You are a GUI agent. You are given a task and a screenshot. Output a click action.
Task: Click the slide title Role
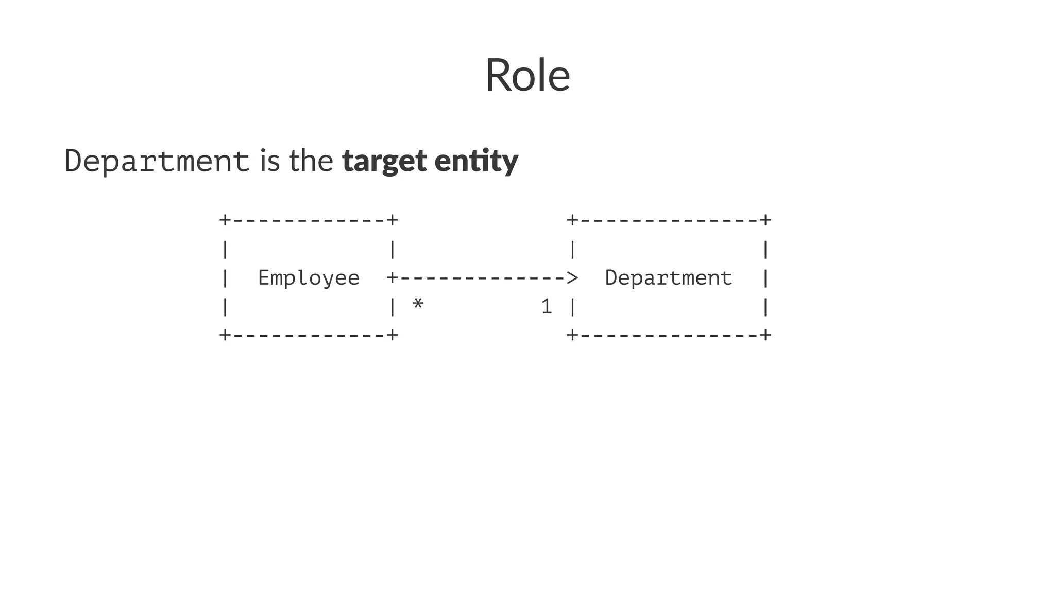[x=527, y=75]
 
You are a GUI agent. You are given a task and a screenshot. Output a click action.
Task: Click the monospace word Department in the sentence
[x=157, y=161]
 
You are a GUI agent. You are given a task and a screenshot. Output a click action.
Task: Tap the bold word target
[x=384, y=161]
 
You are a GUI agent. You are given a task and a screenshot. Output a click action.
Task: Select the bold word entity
[x=476, y=161]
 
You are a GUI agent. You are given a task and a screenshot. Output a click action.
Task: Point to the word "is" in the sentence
[x=269, y=161]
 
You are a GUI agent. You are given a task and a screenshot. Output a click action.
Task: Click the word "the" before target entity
[x=311, y=161]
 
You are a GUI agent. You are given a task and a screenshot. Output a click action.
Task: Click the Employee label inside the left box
[x=309, y=278]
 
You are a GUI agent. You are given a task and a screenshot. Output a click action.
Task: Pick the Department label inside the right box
[x=668, y=278]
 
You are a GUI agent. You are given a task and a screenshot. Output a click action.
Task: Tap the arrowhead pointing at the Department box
[x=572, y=278]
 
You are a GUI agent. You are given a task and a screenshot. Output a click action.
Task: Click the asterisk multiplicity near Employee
[x=418, y=305]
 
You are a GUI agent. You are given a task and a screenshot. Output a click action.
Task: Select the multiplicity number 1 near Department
[x=547, y=307]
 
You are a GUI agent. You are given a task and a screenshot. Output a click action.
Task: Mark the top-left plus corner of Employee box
[x=225, y=220]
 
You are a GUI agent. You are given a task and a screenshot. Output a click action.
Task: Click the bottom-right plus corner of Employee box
[x=393, y=335]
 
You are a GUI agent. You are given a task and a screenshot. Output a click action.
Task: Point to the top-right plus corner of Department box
[x=765, y=220]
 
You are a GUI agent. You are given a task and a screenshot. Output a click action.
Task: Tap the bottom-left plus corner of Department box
[x=572, y=335]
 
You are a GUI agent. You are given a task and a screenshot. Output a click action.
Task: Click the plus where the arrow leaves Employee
[x=393, y=278]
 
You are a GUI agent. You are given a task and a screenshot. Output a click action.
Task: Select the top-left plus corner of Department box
[x=572, y=220]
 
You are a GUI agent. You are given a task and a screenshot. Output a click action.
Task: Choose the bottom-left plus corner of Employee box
[x=225, y=335]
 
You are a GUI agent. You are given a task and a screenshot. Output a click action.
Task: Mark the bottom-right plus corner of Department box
[x=765, y=335]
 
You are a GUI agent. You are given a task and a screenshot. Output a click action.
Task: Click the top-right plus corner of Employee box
[x=393, y=220]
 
